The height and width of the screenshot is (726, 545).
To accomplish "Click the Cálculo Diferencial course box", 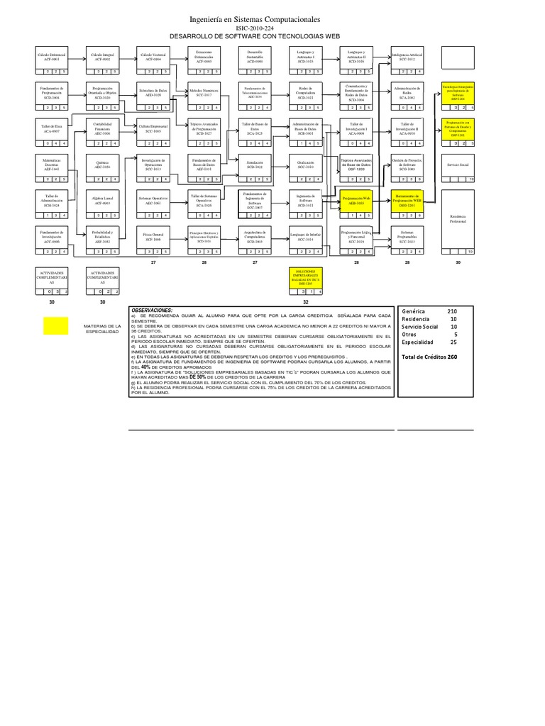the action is (52, 57).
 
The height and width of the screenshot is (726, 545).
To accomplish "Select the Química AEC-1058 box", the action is (103, 164).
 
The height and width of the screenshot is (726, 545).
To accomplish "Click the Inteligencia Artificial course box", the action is (408, 57).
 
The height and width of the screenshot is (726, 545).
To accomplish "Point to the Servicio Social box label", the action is (459, 164).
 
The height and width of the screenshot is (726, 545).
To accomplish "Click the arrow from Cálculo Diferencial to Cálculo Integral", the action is (77, 57).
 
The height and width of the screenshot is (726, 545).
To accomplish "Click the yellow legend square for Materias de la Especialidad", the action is (55, 325).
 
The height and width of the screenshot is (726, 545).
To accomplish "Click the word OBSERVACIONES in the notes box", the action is (151, 311).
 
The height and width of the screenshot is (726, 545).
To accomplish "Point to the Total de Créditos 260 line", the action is (429, 357).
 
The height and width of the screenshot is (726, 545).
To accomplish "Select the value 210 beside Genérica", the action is (452, 312).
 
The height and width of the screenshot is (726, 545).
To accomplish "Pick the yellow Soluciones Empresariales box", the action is (306, 276).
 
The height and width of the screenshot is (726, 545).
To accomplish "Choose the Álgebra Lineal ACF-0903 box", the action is (103, 201).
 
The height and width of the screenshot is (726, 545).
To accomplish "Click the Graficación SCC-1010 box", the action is (306, 164).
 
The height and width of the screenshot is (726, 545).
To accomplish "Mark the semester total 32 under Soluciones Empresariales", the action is (306, 302).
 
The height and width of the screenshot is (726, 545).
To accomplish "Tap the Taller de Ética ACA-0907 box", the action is (52, 128).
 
